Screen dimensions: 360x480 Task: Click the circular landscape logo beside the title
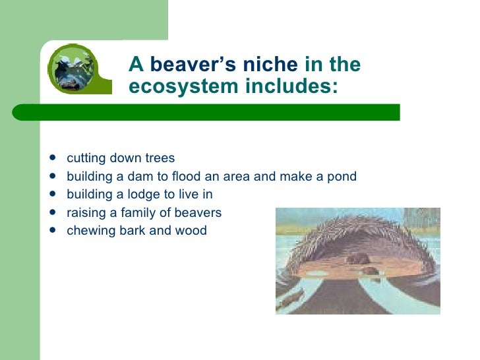click(x=73, y=69)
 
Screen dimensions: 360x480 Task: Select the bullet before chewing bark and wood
click(x=52, y=231)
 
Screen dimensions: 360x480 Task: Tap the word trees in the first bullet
click(x=160, y=159)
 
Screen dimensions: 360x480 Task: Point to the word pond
click(x=342, y=177)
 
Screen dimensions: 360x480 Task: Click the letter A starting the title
click(x=136, y=65)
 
